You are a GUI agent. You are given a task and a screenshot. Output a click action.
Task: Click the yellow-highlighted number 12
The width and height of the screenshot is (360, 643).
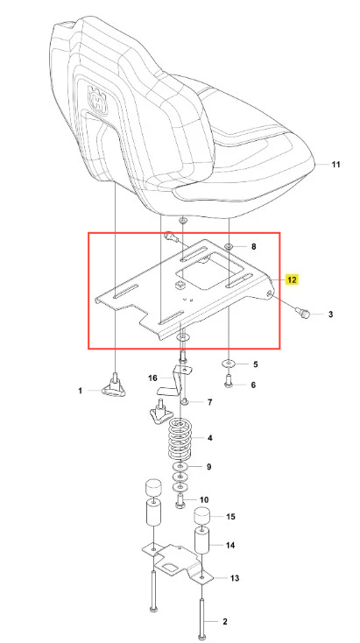(x=292, y=280)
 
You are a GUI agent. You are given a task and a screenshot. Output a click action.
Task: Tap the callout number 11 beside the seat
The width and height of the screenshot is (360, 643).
(x=335, y=165)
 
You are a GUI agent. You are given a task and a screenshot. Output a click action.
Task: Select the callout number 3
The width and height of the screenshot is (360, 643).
(x=330, y=314)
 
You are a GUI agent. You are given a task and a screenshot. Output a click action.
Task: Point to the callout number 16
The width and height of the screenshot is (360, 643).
(x=152, y=378)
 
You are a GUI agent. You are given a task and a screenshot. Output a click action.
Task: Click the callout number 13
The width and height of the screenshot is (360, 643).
(x=235, y=578)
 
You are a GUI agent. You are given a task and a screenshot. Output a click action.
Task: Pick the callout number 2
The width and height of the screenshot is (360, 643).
(x=225, y=622)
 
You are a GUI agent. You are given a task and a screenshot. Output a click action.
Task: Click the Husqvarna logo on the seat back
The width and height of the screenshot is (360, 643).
(x=98, y=98)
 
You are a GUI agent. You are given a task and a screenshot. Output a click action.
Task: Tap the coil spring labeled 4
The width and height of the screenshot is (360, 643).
(x=180, y=439)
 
